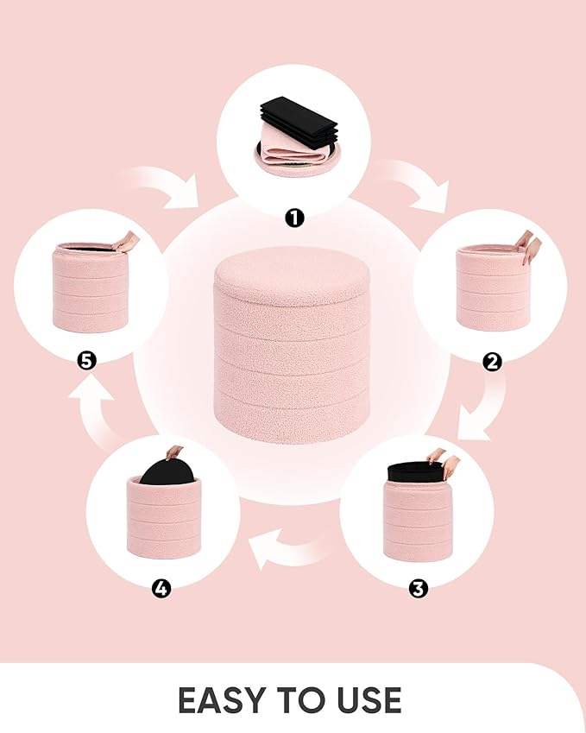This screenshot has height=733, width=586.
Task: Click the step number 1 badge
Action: [294, 218]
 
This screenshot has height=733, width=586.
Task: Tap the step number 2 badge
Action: [492, 362]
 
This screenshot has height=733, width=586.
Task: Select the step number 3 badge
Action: [418, 589]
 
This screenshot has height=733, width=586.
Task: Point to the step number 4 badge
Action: [161, 589]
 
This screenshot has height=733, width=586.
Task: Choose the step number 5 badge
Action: [86, 361]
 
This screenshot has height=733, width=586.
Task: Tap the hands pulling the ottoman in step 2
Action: [528, 246]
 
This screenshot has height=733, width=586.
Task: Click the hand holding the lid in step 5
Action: [126, 241]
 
